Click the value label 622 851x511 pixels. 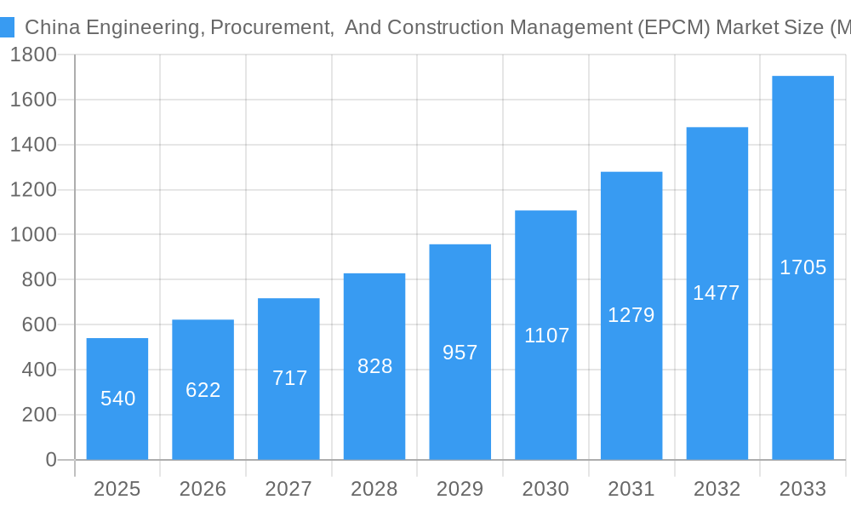[203, 390]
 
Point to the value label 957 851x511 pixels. [460, 353]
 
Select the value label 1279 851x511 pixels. [631, 315]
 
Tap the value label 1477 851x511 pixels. [717, 293]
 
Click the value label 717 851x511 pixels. [289, 378]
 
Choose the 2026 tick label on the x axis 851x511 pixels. [203, 489]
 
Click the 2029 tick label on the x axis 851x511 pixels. [460, 489]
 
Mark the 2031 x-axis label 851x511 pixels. [631, 489]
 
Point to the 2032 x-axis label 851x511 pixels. [717, 489]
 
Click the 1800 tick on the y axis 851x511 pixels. [33, 55]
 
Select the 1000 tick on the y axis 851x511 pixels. [33, 234]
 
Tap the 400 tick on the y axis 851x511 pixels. [38, 370]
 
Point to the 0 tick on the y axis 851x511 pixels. [51, 460]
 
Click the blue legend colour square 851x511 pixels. [7, 27]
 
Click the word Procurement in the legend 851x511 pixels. [271, 27]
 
